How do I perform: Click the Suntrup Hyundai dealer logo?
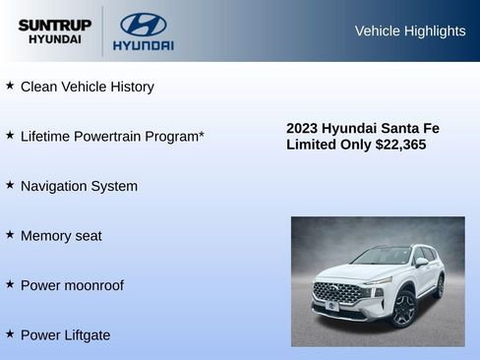[55, 31]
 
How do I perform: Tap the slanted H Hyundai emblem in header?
[144, 25]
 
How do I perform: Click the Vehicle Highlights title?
[409, 30]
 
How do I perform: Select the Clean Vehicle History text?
[87, 87]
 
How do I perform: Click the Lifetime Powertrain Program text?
[112, 136]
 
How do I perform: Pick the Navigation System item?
[79, 186]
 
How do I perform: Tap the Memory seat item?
[61, 236]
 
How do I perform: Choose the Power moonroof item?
[72, 285]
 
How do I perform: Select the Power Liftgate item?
[65, 335]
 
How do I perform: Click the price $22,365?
[400, 145]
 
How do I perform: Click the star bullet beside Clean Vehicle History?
[10, 86]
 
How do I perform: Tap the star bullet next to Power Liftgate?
[10, 334]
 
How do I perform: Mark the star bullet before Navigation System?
[10, 185]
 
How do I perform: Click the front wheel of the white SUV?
[403, 310]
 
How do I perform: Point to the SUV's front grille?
[336, 292]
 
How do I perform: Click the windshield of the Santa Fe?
[383, 256]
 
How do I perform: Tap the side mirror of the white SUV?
[421, 263]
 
